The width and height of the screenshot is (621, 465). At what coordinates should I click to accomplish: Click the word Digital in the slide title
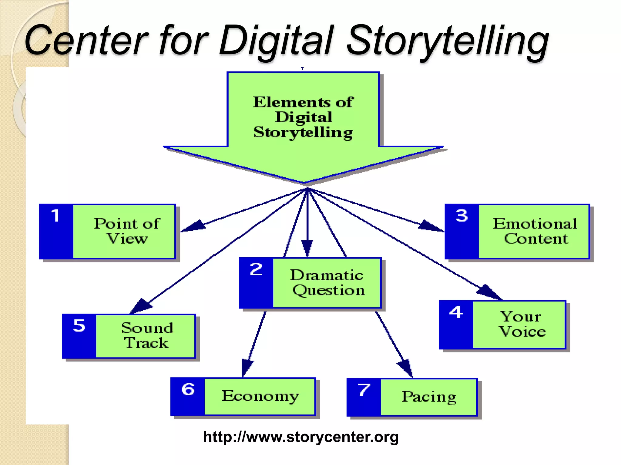point(276,41)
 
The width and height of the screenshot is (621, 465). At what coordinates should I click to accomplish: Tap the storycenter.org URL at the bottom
point(301,437)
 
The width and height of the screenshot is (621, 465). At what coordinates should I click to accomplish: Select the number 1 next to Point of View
point(55,216)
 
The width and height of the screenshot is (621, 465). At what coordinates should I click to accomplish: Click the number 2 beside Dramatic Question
point(256,269)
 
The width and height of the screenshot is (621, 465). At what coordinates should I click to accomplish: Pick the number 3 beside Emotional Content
point(462,216)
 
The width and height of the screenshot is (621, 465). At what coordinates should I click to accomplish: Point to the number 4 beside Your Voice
point(456,312)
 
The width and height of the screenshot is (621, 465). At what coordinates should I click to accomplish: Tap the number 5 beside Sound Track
point(79,326)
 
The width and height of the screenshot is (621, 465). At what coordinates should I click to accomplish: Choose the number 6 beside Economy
point(188,389)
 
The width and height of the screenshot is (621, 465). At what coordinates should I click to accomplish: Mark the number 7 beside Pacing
point(364,390)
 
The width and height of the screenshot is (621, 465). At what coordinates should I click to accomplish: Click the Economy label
point(260,396)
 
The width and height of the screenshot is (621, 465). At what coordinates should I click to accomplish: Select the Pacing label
point(429,397)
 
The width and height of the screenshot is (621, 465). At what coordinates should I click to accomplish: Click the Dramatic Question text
point(327,282)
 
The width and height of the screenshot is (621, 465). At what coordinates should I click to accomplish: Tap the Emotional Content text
point(535,231)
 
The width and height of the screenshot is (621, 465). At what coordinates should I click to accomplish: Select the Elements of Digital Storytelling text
point(303,117)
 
